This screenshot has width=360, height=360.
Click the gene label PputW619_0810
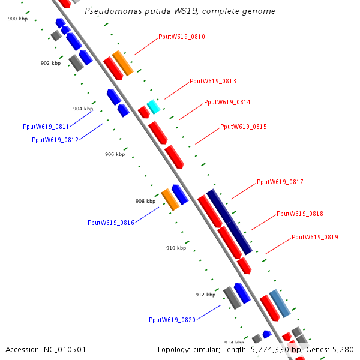pyautogui.click(x=182, y=37)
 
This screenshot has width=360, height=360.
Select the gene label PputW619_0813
pyautogui.click(x=213, y=82)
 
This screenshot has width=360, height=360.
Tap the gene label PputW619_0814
pyautogui.click(x=227, y=103)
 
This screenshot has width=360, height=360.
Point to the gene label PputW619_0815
pyautogui.click(x=244, y=127)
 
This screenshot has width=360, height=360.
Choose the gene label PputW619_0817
pyautogui.click(x=280, y=182)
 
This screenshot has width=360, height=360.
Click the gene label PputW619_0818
pyautogui.click(x=300, y=214)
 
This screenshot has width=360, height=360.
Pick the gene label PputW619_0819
pyautogui.click(x=315, y=238)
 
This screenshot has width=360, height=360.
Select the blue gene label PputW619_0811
pyautogui.click(x=46, y=127)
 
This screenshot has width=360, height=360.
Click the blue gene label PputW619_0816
pyautogui.click(x=111, y=223)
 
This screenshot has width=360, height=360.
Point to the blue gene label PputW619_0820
pyautogui.click(x=172, y=320)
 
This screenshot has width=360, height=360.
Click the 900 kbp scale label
pyautogui.click(x=17, y=19)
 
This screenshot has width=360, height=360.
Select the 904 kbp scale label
pyautogui.click(x=83, y=109)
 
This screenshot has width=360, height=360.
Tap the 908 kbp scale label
pyautogui.click(x=145, y=202)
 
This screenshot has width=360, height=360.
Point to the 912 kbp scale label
pyautogui.click(x=205, y=295)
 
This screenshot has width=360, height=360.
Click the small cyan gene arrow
pyautogui.click(x=154, y=107)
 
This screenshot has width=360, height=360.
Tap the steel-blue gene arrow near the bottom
pyautogui.click(x=280, y=303)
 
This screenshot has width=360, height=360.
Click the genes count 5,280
pyautogui.click(x=342, y=350)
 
